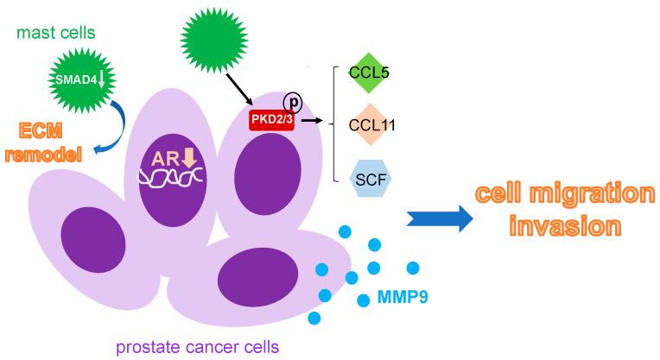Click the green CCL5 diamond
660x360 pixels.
[370, 73]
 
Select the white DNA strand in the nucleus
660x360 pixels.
[173, 178]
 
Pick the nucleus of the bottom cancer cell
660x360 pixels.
[251, 281]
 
